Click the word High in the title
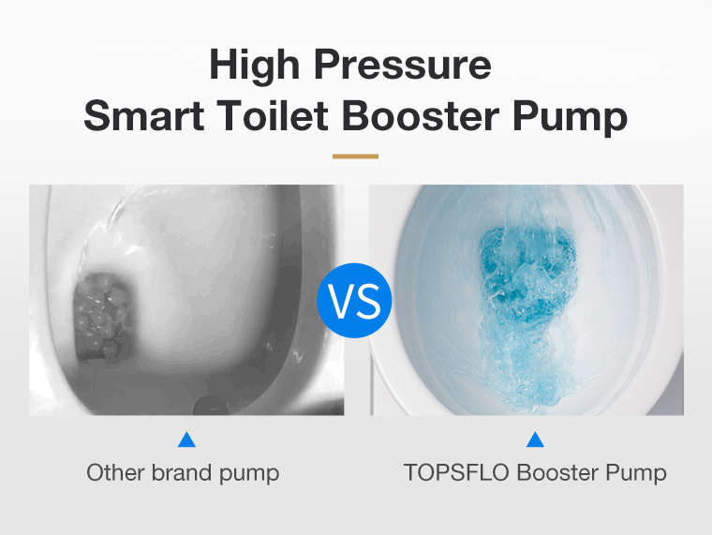[254, 66]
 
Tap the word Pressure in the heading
[403, 65]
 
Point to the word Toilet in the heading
[272, 116]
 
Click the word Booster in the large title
[421, 116]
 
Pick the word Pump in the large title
[571, 117]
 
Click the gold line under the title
[355, 156]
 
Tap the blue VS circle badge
[354, 301]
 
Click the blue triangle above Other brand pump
[186, 440]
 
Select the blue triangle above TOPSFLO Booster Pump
[535, 440]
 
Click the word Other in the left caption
[116, 473]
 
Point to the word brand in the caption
[182, 473]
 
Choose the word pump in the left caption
[249, 475]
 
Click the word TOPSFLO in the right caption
[456, 473]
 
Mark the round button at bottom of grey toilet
[211, 406]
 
